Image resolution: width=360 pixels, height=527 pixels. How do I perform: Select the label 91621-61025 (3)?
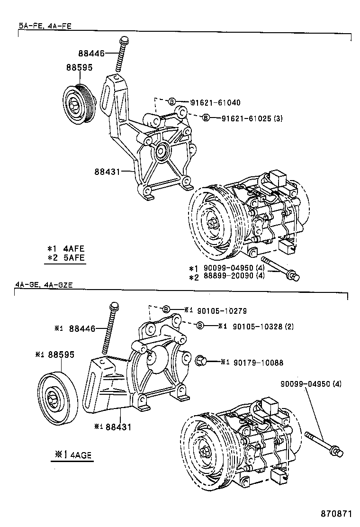[x=252, y=118]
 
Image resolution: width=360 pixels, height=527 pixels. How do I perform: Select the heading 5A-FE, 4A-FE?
[x=45, y=27]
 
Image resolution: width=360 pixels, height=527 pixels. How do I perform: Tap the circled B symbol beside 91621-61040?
[x=172, y=102]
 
